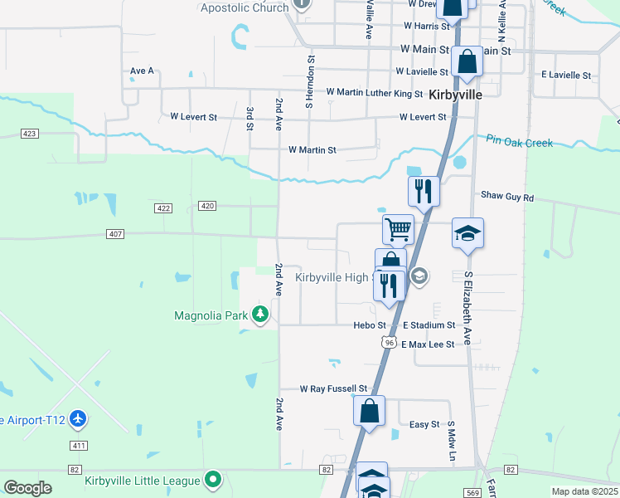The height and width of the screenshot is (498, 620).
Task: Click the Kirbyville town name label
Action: pyautogui.click(x=456, y=95)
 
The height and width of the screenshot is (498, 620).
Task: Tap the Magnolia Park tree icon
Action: pyautogui.click(x=261, y=315)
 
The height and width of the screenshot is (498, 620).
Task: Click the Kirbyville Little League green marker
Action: pyautogui.click(x=214, y=480)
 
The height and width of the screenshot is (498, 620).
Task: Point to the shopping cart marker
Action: pyautogui.click(x=398, y=229)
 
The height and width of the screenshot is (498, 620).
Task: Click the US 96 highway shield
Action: pyautogui.click(x=388, y=341)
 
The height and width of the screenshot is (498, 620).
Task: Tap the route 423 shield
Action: pyautogui.click(x=30, y=134)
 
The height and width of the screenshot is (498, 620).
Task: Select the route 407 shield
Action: pyautogui.click(x=115, y=234)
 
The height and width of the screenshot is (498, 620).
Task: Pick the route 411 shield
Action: pyautogui.click(x=79, y=446)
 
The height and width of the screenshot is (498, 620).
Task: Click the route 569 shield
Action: pyautogui.click(x=472, y=492)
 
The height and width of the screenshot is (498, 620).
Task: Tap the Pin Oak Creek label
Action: pyautogui.click(x=519, y=142)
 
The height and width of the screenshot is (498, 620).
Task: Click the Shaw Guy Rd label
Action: pyautogui.click(x=507, y=198)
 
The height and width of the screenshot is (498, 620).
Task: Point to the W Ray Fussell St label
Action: pyautogui.click(x=333, y=388)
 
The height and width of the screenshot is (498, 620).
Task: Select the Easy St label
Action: pyautogui.click(x=424, y=424)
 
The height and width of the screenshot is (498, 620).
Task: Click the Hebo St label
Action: pyautogui.click(x=370, y=325)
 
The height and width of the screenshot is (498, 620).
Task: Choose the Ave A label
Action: pyautogui.click(x=142, y=71)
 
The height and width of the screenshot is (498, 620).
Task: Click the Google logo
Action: pyautogui.click(x=27, y=488)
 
